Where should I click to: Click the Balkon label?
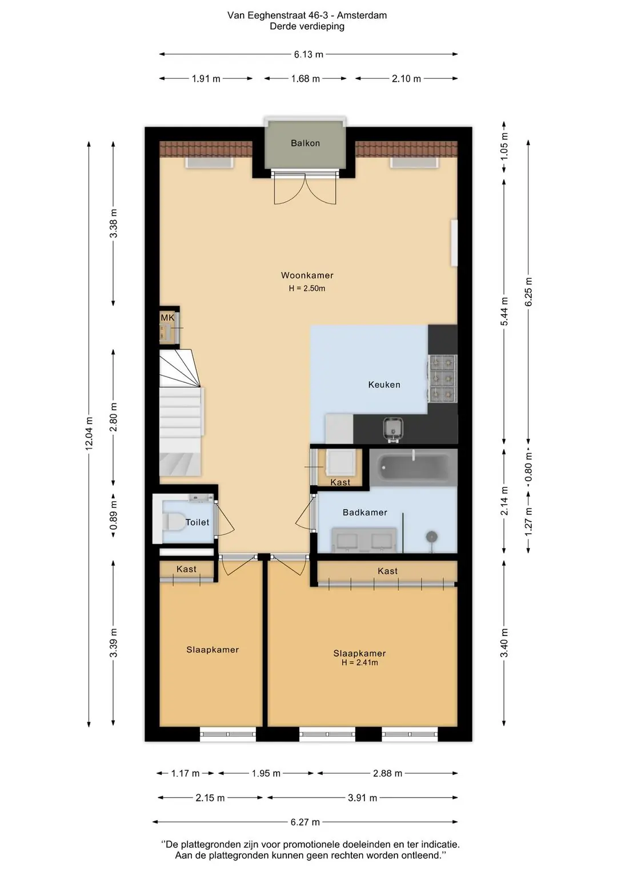point(305,143)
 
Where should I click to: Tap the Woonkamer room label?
point(307,275)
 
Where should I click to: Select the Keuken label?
point(384,385)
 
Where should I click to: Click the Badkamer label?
point(364,513)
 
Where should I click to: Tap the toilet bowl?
point(174,521)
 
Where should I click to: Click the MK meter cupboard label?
point(167,318)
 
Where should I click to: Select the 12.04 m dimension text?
point(89,433)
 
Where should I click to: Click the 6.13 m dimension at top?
point(308,54)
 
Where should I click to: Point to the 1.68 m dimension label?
point(305,79)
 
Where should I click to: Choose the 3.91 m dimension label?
point(362,798)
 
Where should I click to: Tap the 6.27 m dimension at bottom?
point(305,822)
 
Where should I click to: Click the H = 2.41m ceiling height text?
point(359,662)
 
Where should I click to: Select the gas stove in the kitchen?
point(443,378)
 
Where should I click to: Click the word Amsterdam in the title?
point(362,15)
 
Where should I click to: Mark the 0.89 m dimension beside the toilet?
point(113,516)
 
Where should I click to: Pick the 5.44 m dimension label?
point(504,311)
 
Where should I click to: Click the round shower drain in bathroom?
point(431,537)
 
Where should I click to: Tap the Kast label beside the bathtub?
point(340,482)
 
